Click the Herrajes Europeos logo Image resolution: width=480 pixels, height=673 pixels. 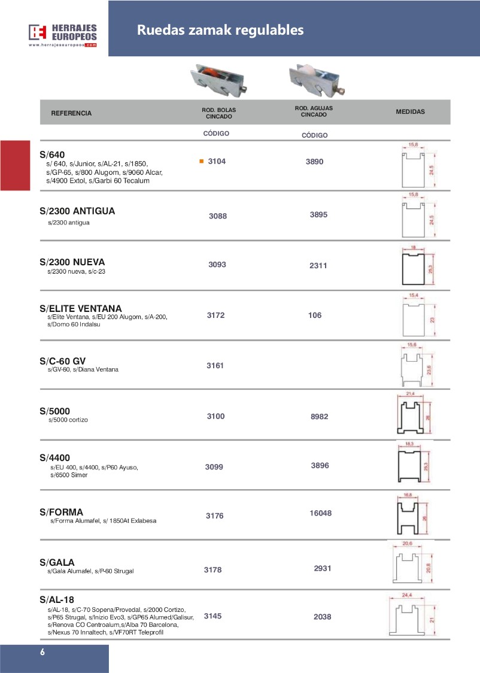[62, 35]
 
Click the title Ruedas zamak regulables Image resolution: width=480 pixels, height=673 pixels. [220, 30]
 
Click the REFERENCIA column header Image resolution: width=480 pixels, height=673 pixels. [71, 113]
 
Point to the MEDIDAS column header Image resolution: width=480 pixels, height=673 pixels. [411, 111]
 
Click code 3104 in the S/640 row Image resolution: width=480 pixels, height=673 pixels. [217, 162]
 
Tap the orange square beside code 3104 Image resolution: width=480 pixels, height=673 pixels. [202, 161]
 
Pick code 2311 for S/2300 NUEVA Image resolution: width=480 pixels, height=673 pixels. [318, 266]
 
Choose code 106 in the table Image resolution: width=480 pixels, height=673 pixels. [315, 316]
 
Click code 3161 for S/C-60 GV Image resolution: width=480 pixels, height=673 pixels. [215, 365]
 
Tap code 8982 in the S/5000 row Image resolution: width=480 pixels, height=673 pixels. [320, 416]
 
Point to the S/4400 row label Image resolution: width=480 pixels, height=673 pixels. [55, 457]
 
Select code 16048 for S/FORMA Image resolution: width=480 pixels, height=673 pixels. [321, 513]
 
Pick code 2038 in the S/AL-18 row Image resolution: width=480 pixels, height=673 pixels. [322, 617]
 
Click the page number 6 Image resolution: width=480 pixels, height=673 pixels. [42, 653]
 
